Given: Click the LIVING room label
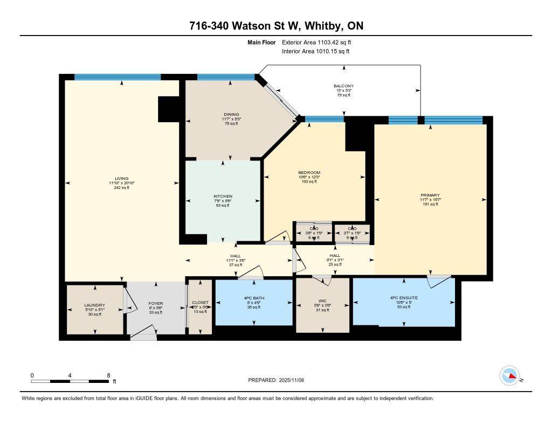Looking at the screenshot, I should (x=121, y=178).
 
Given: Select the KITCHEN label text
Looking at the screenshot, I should (x=222, y=196).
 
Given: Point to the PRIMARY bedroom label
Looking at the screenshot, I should (x=430, y=195).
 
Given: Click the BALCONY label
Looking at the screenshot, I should (x=343, y=86).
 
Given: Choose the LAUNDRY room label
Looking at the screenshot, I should (x=94, y=305).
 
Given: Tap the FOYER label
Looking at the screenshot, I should (x=156, y=304).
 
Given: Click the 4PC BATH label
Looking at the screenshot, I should (x=253, y=298).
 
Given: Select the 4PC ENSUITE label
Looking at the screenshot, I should (x=404, y=297).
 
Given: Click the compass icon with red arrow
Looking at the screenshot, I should (x=509, y=376).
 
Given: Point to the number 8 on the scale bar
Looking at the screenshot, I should (x=108, y=375).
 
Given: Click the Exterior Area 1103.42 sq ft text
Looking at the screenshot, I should (x=316, y=42).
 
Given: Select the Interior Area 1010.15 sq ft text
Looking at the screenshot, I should (x=315, y=51).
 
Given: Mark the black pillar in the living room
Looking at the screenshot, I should (x=168, y=109).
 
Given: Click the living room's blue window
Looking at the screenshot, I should (x=118, y=77).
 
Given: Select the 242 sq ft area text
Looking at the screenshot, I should (x=121, y=188).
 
